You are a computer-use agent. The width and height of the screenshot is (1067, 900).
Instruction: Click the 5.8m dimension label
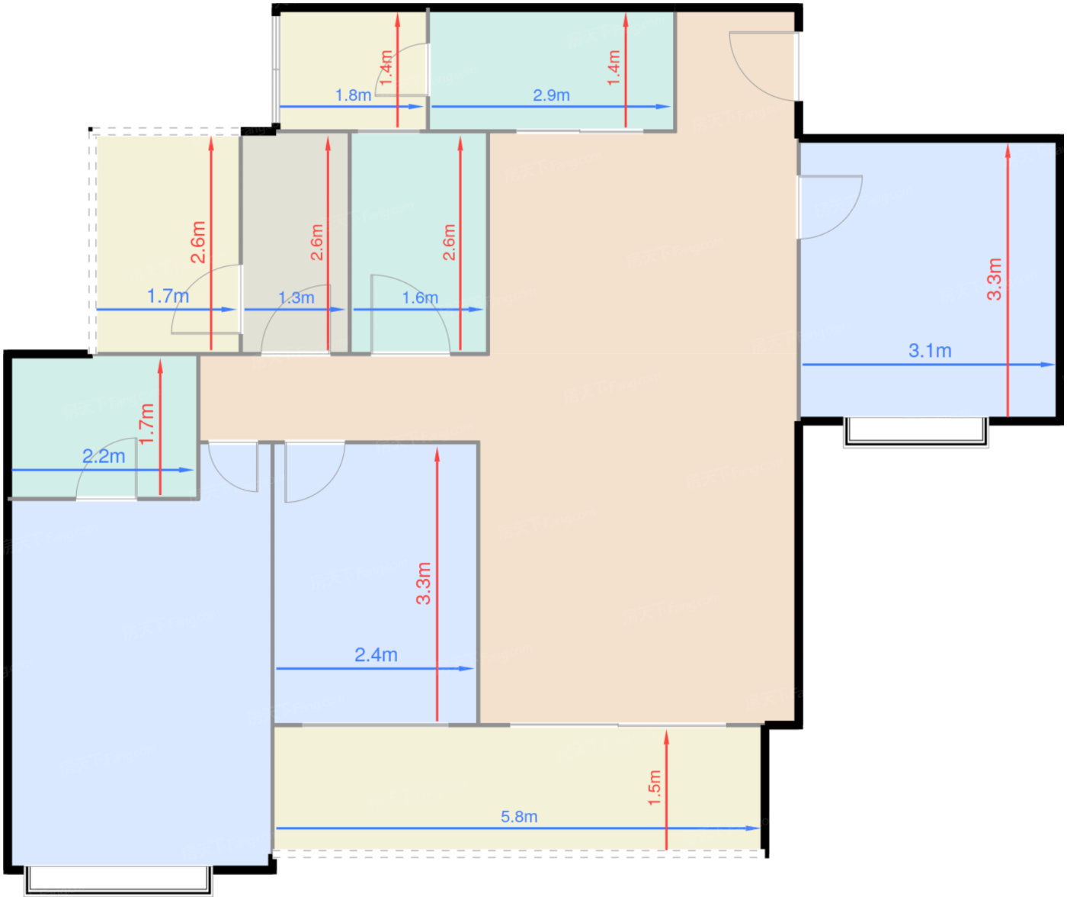click(x=519, y=817)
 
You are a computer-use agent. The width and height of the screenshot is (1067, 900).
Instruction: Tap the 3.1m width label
click(x=930, y=351)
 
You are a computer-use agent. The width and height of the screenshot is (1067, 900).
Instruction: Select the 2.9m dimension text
click(x=551, y=95)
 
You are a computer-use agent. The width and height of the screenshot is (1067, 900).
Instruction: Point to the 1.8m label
click(x=353, y=95)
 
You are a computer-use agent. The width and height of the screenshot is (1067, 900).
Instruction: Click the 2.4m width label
click(x=376, y=655)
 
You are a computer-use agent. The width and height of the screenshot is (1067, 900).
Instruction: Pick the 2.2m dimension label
click(x=104, y=456)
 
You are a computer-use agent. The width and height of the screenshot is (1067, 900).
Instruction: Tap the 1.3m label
click(x=296, y=297)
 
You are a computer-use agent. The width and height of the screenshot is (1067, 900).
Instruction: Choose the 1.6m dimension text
click(x=419, y=297)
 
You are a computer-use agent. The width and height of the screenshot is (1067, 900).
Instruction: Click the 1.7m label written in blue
click(x=168, y=296)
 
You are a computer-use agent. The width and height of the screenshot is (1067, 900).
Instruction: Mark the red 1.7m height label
click(x=146, y=424)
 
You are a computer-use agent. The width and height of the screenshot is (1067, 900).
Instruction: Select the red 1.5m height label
click(x=654, y=788)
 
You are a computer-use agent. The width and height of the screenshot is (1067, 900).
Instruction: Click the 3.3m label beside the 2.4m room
click(x=424, y=583)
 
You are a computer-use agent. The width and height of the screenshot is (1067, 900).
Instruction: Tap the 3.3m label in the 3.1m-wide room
click(x=995, y=279)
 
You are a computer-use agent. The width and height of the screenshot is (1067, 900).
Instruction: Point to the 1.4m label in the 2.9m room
click(x=614, y=68)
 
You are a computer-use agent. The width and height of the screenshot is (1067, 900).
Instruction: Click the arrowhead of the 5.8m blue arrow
click(x=753, y=828)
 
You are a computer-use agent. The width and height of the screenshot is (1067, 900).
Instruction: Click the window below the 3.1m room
click(x=916, y=432)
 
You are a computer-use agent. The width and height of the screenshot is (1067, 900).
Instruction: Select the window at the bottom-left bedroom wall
click(x=118, y=880)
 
